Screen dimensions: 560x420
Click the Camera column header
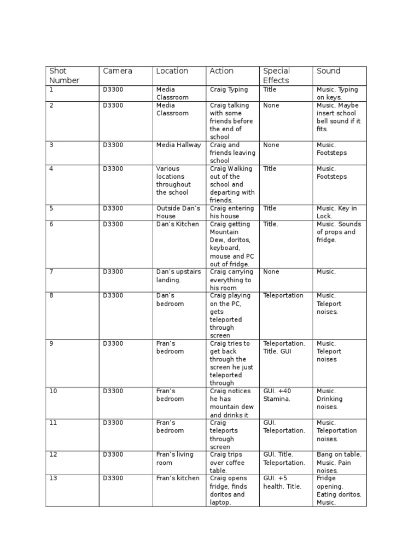(117, 71)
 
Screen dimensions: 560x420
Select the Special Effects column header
(277, 75)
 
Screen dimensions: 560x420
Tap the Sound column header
(328, 71)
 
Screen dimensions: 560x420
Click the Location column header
(172, 71)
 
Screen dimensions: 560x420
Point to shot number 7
(51, 272)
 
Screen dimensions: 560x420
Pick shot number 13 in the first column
(53, 479)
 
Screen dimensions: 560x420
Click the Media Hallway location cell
(178, 145)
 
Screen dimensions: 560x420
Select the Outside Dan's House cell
(178, 212)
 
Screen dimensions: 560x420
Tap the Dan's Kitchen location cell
(178, 224)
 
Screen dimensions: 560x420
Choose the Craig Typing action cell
(229, 90)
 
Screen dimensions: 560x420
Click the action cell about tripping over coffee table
(228, 462)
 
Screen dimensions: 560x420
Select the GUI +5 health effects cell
(282, 482)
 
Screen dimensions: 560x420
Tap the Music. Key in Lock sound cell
(336, 212)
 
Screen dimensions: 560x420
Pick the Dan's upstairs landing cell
(178, 276)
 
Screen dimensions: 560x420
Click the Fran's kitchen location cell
(178, 479)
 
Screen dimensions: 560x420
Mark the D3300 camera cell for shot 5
(113, 208)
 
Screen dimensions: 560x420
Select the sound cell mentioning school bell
(338, 117)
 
